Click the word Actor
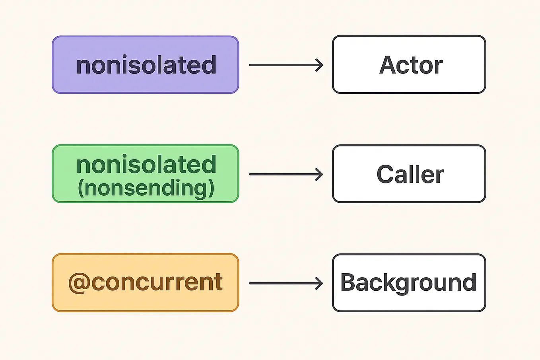pyautogui.click(x=411, y=65)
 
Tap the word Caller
pyautogui.click(x=410, y=174)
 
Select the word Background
pyautogui.click(x=408, y=283)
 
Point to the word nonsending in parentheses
pyautogui.click(x=146, y=188)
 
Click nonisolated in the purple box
pyautogui.click(x=146, y=65)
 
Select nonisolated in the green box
pyautogui.click(x=146, y=165)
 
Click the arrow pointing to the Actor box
pyautogui.click(x=286, y=65)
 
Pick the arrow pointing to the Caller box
pyautogui.click(x=286, y=174)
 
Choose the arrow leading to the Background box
pyautogui.click(x=286, y=283)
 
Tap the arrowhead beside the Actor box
pyautogui.click(x=319, y=65)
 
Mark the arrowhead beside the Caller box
pyautogui.click(x=319, y=174)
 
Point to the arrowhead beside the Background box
pyautogui.click(x=319, y=283)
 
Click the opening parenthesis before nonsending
pyautogui.click(x=81, y=189)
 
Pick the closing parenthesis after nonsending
pyautogui.click(x=211, y=189)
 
